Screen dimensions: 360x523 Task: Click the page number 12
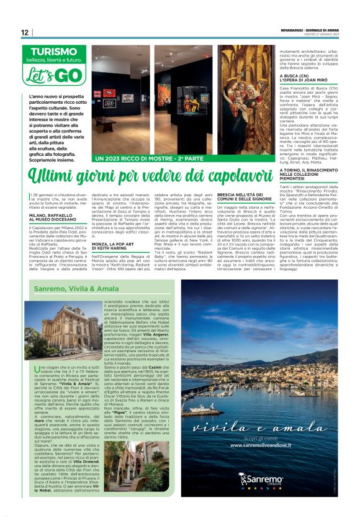point(24,32)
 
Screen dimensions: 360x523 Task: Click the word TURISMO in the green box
point(57,52)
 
